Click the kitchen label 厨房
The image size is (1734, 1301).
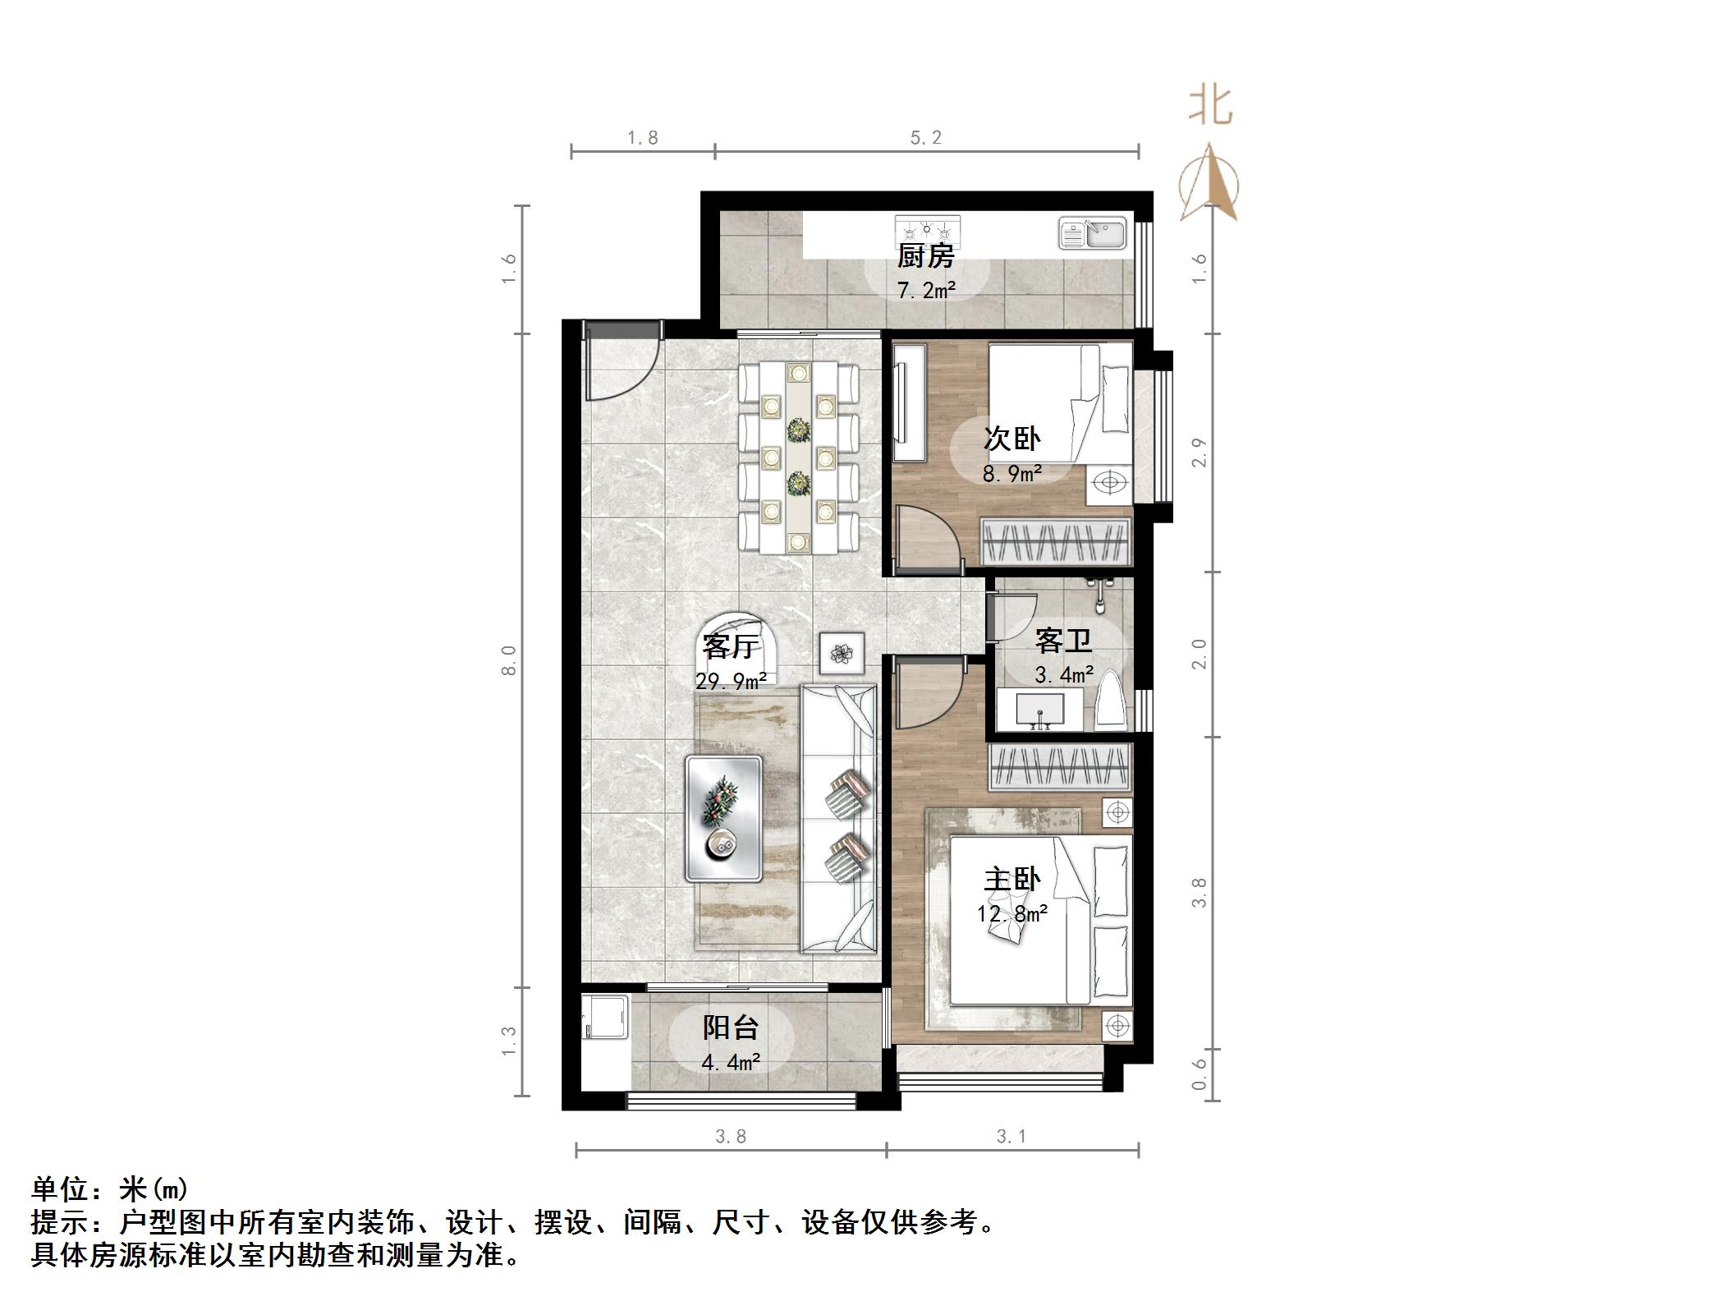925,256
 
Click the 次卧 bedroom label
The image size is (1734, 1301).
1011,439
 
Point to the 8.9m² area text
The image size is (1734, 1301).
1011,474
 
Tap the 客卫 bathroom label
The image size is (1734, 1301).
1062,640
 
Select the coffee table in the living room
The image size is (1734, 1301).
723,819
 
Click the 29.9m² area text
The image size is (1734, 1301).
731,681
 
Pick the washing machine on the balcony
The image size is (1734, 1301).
606,1019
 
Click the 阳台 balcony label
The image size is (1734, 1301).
730,1027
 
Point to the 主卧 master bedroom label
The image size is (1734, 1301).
1011,880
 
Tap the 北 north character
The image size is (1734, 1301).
1210,107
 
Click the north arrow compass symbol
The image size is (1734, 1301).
1209,185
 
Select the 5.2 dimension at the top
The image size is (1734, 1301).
925,138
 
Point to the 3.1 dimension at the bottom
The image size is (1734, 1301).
1011,1136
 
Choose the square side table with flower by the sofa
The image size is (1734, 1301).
842,654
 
